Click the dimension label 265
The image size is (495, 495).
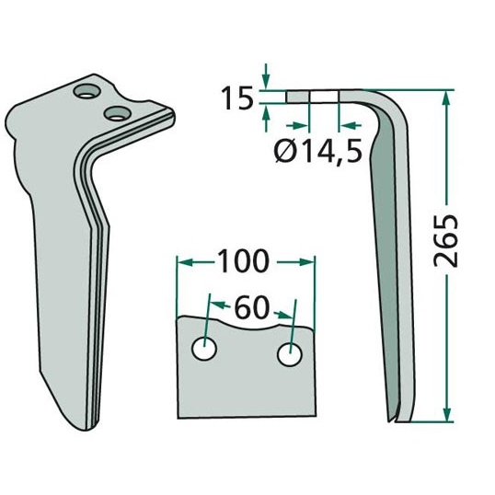445,241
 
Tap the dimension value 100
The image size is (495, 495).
243,261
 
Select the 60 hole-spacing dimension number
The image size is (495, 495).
251,308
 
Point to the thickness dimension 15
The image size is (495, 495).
237,98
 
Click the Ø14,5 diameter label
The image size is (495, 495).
317,152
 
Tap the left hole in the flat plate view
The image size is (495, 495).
204,349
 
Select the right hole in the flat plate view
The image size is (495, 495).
290,354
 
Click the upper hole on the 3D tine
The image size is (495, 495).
86,92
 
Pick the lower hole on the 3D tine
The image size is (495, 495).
118,113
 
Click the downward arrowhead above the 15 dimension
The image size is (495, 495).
266,83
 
